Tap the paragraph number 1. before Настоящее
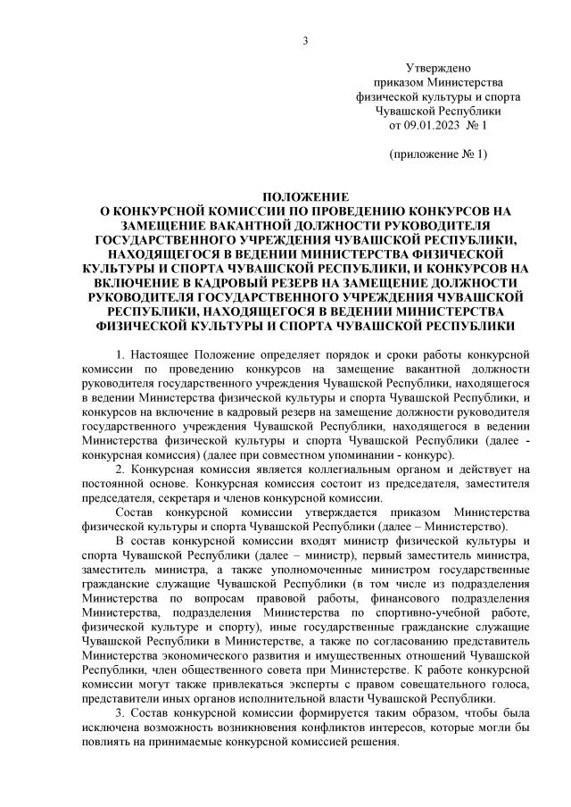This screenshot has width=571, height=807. pyautogui.click(x=121, y=355)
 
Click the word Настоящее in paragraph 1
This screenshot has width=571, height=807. pyautogui.click(x=159, y=355)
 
